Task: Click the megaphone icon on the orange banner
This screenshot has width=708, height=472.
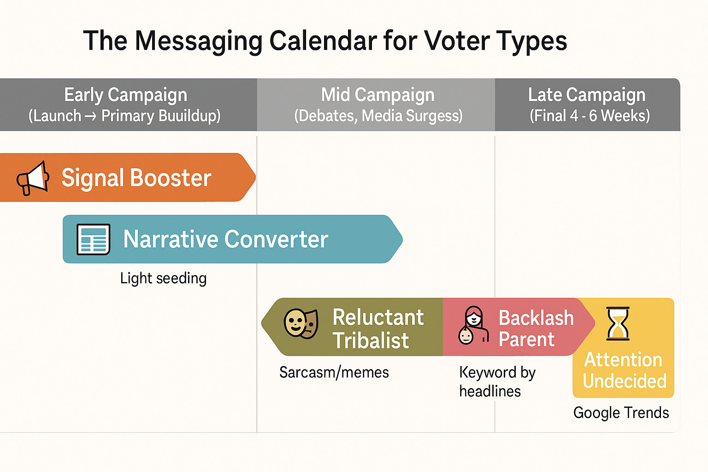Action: coord(33,178)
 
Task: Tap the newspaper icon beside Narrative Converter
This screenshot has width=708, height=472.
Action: coord(93,239)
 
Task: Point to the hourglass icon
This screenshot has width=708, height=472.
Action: coord(618,324)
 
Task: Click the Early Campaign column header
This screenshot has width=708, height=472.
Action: coord(125,105)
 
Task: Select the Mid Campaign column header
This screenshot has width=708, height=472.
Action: coord(378,105)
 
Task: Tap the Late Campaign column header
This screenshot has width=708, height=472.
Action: coord(588,105)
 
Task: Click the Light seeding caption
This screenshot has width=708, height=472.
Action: coord(163,278)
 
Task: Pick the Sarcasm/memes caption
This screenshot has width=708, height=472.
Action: coord(334,372)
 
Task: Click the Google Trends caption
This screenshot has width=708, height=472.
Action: coord(621,413)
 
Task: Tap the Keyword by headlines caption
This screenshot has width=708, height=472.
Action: coord(497,382)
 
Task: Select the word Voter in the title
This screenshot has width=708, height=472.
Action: coord(457,41)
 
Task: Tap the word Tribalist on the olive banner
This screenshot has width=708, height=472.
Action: coord(371,341)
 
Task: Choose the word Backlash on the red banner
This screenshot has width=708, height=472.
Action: coord(536,318)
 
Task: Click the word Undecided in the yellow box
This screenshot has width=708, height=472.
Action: coord(625,381)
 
